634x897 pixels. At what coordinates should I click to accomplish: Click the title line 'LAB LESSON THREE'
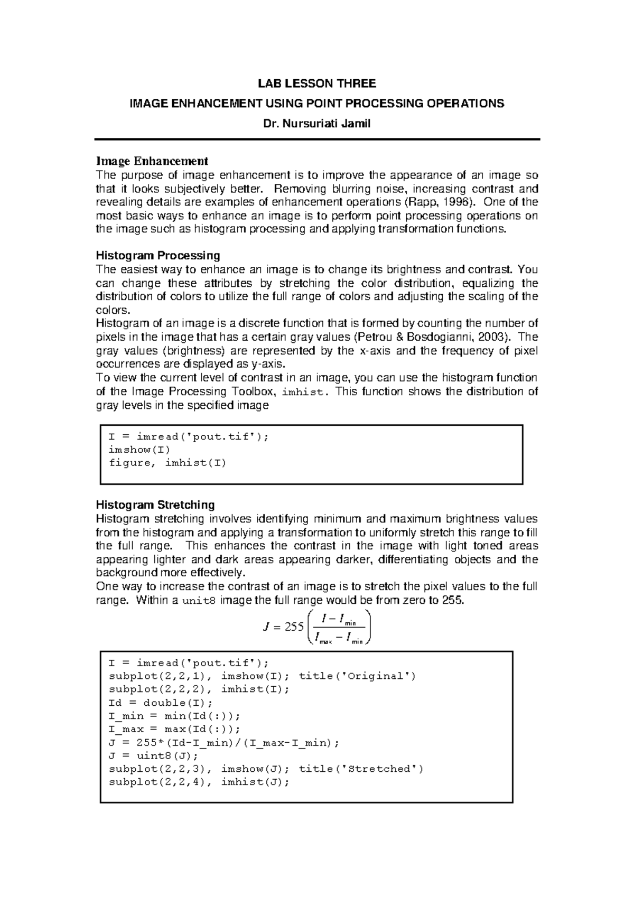(316, 83)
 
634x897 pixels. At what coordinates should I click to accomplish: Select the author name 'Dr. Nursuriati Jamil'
(316, 124)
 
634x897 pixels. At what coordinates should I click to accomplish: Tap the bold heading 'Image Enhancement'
(152, 161)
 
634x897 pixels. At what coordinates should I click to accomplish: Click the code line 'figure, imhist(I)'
(167, 463)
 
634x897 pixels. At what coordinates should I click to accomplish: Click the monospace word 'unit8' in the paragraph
(199, 601)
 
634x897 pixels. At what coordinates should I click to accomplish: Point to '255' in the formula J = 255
(294, 627)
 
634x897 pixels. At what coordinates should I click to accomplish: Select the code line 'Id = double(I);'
(160, 703)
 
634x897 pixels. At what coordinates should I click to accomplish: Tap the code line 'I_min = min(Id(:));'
(174, 716)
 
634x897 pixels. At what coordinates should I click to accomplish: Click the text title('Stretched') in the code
(361, 769)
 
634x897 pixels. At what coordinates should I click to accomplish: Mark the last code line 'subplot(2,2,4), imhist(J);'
(199, 782)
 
